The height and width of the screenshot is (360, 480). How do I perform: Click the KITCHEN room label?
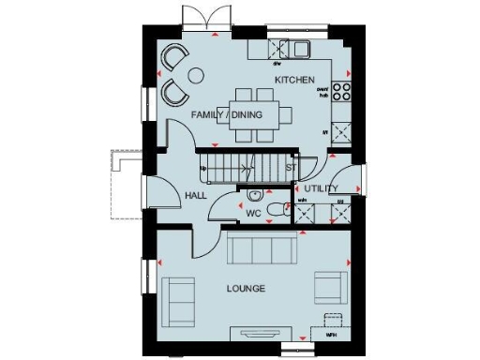[x=293, y=80]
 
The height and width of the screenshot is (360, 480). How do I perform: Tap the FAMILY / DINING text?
[x=226, y=115]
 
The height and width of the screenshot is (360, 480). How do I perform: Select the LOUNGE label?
[x=246, y=288]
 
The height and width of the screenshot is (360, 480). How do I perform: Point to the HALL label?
[x=195, y=196]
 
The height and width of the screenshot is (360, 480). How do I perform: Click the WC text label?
[x=253, y=213]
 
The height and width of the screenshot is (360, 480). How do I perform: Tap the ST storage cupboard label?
[x=291, y=169]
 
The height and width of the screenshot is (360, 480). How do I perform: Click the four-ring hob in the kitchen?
[x=341, y=92]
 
